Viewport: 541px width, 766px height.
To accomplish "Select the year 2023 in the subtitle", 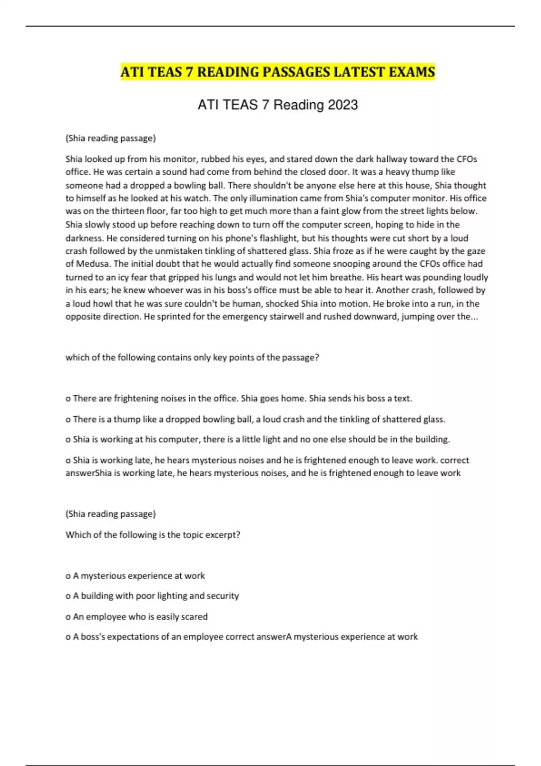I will coord(343,105).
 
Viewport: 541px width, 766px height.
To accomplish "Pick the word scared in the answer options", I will coord(194,616).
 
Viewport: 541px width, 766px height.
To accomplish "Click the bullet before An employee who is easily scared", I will coord(68,617).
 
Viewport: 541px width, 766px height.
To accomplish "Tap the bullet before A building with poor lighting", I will coord(68,596).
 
